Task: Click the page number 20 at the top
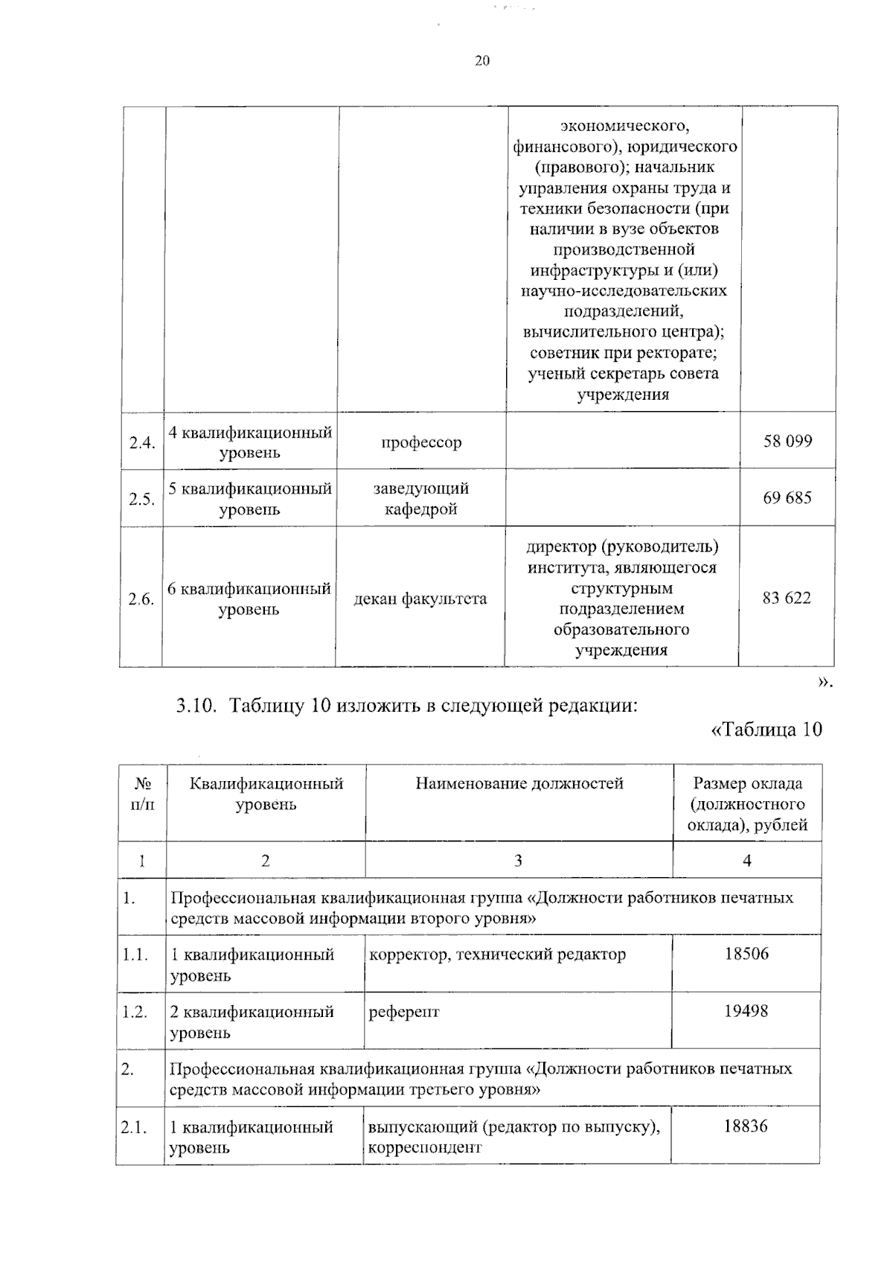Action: (481, 61)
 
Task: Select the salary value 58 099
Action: (787, 442)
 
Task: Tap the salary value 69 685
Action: (787, 498)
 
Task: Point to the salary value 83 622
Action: (786, 599)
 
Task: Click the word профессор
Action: (421, 442)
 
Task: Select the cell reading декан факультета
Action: (420, 599)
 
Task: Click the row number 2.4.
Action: (141, 443)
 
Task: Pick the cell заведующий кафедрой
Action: (420, 499)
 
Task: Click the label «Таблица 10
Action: (766, 730)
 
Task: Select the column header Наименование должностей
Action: (519, 783)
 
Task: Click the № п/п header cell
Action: (142, 794)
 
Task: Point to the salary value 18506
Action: (746, 954)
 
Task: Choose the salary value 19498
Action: (746, 1011)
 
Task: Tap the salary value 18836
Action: (745, 1126)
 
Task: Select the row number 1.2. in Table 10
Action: (135, 1012)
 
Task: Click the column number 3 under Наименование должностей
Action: (518, 861)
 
